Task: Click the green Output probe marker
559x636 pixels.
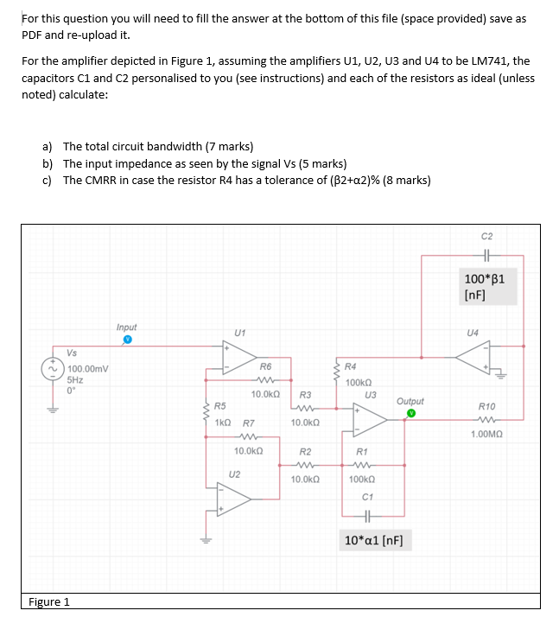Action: tap(412, 413)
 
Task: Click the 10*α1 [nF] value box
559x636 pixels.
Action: tap(378, 541)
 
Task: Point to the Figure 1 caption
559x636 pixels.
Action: tap(49, 601)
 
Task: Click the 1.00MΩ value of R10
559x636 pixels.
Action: tap(488, 435)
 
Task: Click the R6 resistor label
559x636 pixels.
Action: tap(265, 366)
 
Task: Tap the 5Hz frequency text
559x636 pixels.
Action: tap(76, 378)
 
